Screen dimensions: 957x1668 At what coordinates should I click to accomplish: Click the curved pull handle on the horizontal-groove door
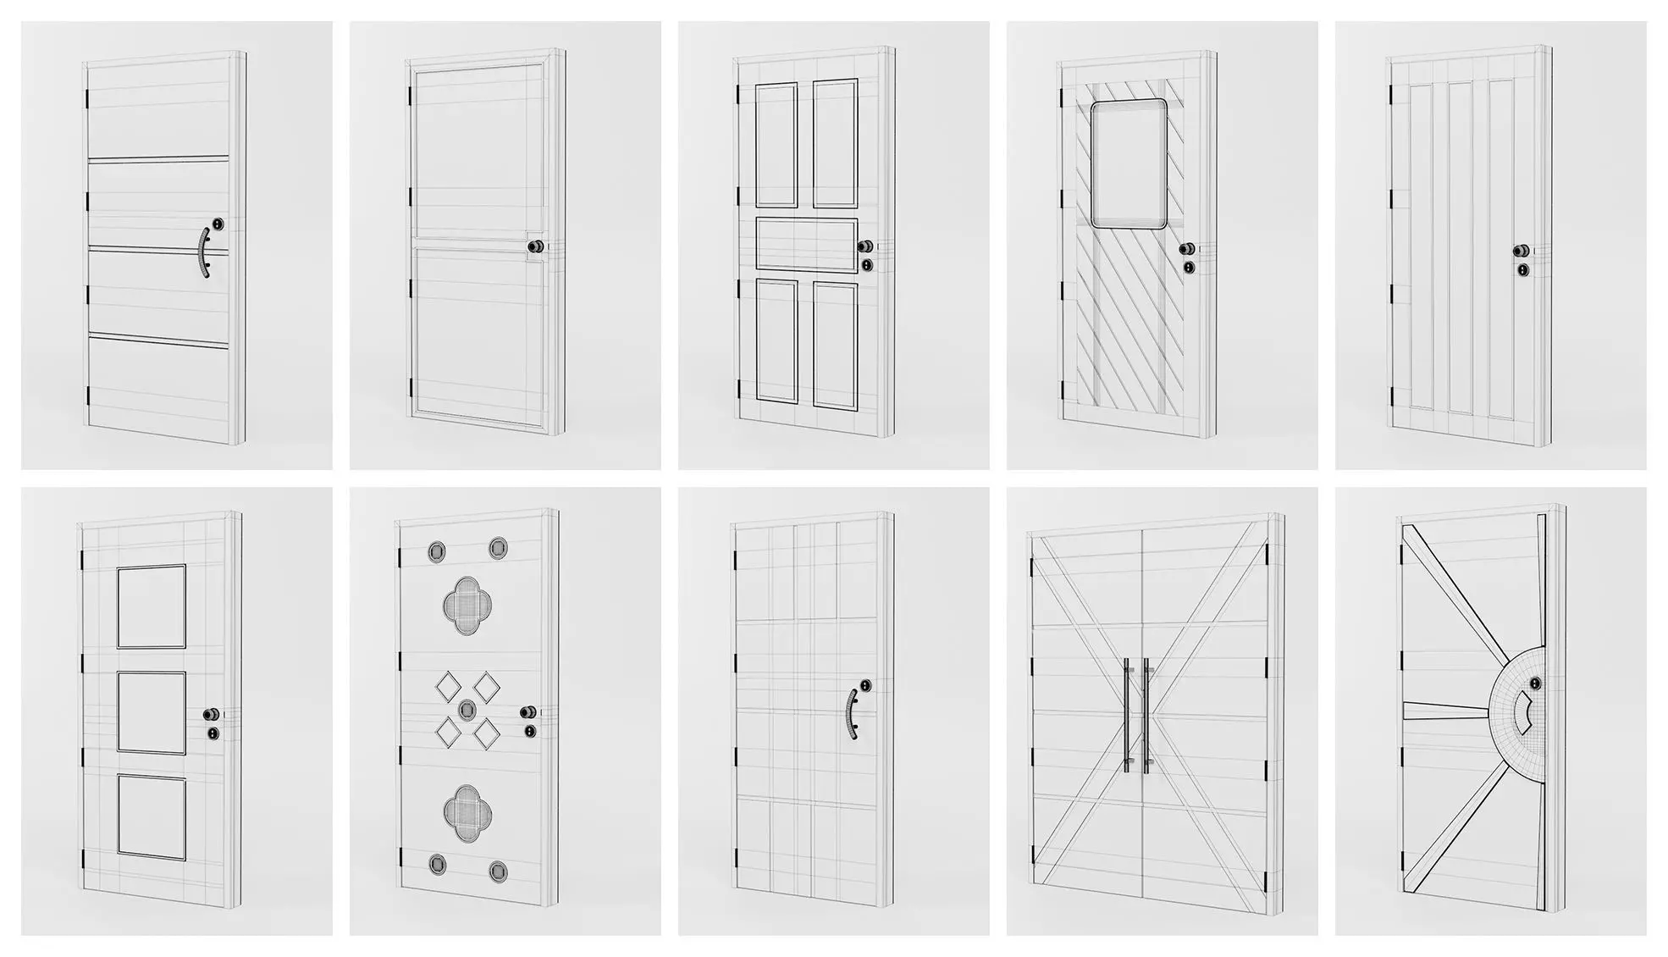(204, 252)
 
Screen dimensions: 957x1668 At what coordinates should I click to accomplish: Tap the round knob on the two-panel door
(535, 246)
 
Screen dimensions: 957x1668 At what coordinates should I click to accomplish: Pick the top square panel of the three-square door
(151, 606)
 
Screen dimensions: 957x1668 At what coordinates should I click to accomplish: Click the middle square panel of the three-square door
(151, 712)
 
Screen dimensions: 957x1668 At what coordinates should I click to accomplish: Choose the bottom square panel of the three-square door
(152, 817)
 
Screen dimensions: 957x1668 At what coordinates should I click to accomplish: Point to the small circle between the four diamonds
(467, 709)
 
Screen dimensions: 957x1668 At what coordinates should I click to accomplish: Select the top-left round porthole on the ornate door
(437, 551)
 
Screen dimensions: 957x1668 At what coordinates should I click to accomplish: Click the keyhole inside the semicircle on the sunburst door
(1535, 683)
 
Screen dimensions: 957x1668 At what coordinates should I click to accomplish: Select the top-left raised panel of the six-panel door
(776, 144)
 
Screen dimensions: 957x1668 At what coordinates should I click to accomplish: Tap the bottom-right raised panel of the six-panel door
(835, 345)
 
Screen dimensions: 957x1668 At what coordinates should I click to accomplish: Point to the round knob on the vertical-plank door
(1522, 252)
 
